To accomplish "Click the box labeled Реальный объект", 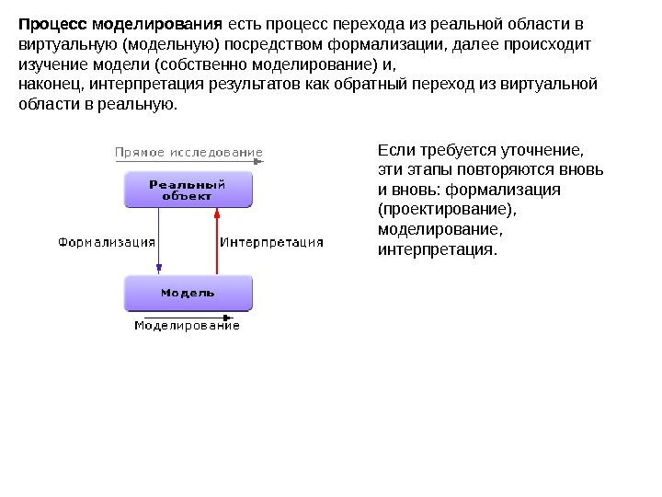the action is point(188,190).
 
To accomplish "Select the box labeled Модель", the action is point(188,293).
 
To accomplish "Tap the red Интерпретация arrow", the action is point(217,241).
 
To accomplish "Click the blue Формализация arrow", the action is point(159,241).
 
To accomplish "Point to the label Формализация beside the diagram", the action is point(107,242).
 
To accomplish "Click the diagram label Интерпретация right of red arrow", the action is point(272,242).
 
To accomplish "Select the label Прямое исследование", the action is point(188,153).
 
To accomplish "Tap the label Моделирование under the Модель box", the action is point(187,325).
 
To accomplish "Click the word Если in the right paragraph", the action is point(392,149).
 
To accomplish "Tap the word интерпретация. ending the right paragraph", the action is point(437,250).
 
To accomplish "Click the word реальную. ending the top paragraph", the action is point(147,106).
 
